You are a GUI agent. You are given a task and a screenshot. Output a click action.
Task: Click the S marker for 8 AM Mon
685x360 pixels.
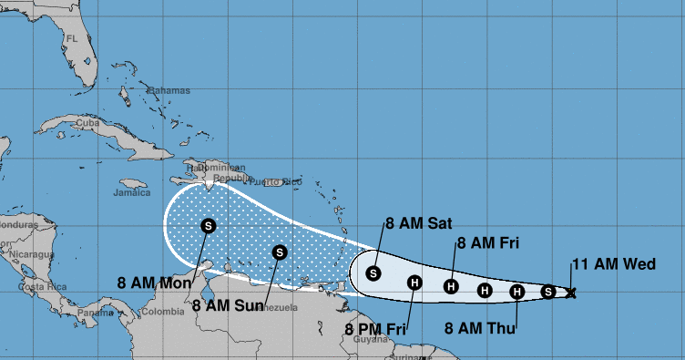click(209, 226)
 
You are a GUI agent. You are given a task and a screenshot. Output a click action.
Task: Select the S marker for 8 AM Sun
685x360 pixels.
click(280, 252)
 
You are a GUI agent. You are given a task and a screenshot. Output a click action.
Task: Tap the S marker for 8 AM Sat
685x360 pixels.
click(373, 273)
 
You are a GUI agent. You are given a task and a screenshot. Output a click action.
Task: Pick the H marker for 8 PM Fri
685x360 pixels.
click(414, 283)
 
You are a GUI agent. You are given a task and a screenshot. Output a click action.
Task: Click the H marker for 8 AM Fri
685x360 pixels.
click(450, 286)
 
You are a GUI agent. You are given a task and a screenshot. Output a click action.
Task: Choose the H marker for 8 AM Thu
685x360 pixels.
click(516, 292)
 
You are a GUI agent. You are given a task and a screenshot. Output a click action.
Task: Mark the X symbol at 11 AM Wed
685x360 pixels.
click(570, 293)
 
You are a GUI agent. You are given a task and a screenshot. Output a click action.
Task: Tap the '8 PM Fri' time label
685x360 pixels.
click(376, 328)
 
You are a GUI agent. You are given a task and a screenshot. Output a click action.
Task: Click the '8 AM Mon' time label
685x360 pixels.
click(154, 283)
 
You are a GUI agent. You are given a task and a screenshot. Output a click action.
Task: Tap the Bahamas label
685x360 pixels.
click(169, 90)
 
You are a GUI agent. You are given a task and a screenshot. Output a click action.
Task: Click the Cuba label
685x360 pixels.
click(87, 123)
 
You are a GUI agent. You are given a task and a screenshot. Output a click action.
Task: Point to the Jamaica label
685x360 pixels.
click(131, 193)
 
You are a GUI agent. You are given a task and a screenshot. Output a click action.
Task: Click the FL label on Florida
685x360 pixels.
click(71, 38)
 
